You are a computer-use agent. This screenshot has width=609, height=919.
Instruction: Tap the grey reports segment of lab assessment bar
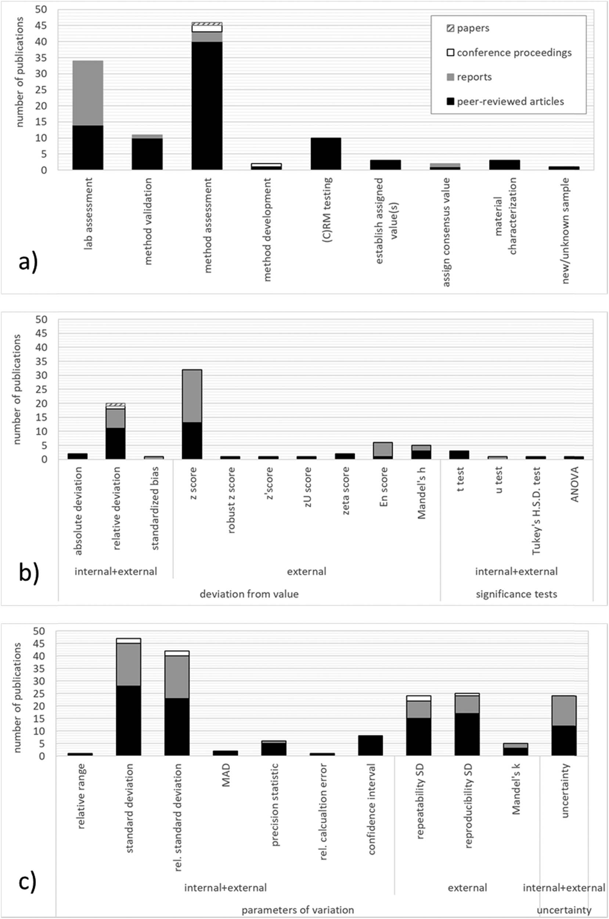(x=88, y=93)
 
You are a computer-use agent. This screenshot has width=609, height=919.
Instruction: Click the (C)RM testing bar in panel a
(x=326, y=154)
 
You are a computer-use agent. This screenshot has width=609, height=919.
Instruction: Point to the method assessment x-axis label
(x=208, y=225)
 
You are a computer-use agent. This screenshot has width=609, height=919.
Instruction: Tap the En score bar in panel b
(x=383, y=451)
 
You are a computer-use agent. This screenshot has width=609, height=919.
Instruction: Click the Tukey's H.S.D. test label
(x=536, y=511)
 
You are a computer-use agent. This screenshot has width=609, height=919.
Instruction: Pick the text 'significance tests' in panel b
(x=516, y=594)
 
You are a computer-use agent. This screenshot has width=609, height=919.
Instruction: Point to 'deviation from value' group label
(x=249, y=594)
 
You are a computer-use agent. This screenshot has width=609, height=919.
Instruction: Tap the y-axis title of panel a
(x=19, y=72)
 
